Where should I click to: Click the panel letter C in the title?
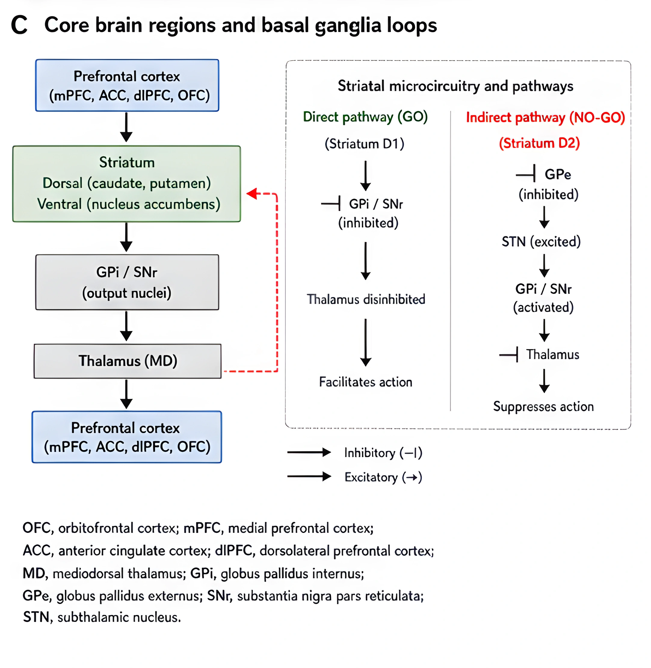tap(19, 25)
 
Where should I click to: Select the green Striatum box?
tap(127, 184)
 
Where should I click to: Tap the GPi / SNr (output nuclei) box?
tap(127, 282)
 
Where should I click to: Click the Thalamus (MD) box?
tap(128, 361)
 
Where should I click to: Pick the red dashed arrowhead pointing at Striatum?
tap(252, 193)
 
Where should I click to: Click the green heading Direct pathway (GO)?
tap(365, 117)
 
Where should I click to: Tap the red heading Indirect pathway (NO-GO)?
tap(545, 118)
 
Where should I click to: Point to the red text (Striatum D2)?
tap(539, 143)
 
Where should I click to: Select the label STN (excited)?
tap(541, 242)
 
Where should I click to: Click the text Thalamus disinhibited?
tap(366, 299)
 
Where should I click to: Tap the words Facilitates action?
tap(366, 382)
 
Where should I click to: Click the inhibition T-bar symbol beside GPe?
tap(526, 175)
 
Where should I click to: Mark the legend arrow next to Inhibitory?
tap(309, 452)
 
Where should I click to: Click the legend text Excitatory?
tap(371, 477)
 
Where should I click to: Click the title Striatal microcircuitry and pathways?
tap(455, 86)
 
